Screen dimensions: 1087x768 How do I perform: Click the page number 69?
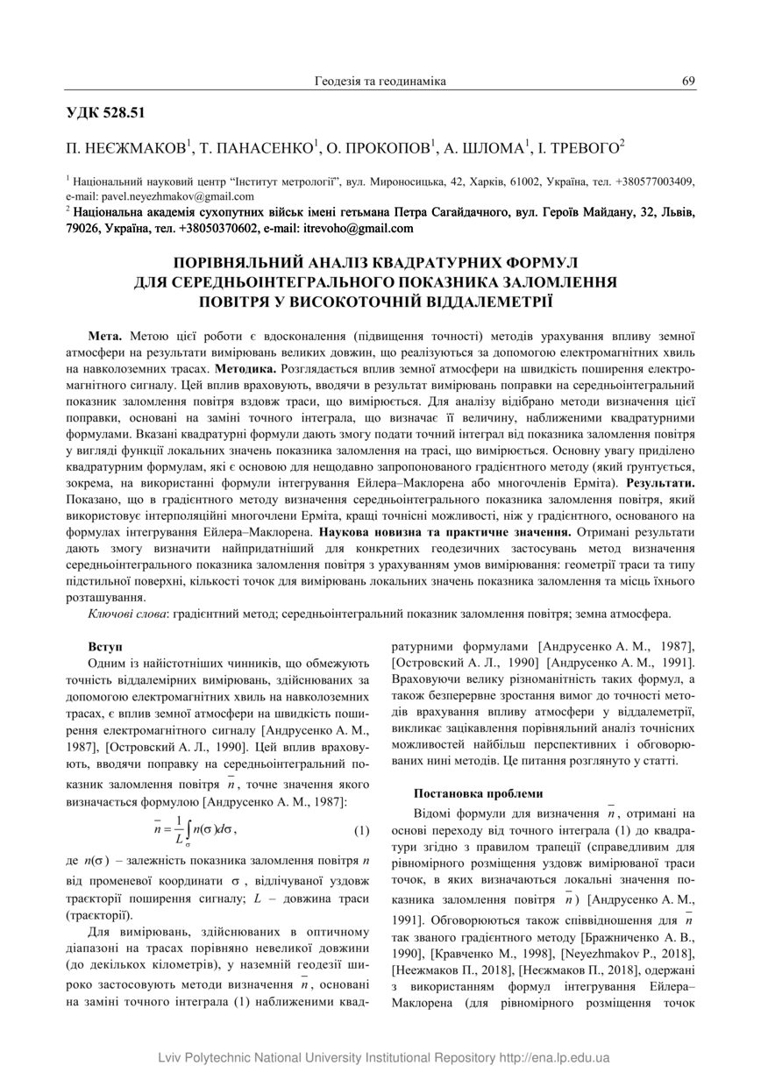click(688, 82)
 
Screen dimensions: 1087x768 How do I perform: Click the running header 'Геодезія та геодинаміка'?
click(380, 82)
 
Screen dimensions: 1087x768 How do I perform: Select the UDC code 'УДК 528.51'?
click(105, 112)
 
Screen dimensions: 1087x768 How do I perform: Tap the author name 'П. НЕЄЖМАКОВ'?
click(126, 146)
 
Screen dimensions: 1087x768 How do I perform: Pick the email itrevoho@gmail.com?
click(357, 229)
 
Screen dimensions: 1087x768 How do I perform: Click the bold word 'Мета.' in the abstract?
click(106, 336)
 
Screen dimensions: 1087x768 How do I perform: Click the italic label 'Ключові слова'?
click(128, 614)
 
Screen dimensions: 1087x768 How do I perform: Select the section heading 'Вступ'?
click(105, 646)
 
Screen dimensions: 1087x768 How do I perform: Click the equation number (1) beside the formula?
click(361, 829)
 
